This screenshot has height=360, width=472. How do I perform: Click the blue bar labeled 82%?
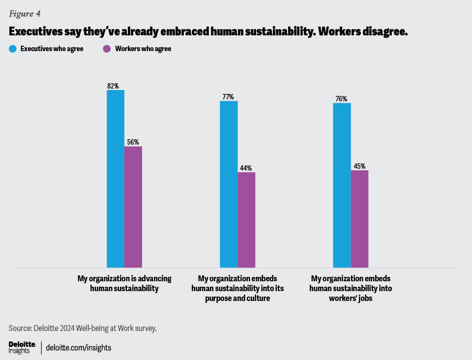pyautogui.click(x=116, y=179)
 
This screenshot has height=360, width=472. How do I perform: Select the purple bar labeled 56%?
pyautogui.click(x=133, y=207)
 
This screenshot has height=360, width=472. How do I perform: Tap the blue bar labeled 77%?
pyautogui.click(x=229, y=184)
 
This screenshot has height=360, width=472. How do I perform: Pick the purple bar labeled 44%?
pyautogui.click(x=246, y=220)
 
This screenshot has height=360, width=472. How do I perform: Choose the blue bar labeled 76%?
pyautogui.click(x=342, y=185)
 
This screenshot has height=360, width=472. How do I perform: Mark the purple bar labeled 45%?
pyautogui.click(x=359, y=219)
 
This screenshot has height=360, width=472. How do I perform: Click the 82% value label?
pyautogui.click(x=113, y=86)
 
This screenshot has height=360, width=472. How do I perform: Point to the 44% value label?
pyautogui.click(x=246, y=168)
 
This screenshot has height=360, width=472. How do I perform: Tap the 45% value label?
pyautogui.click(x=359, y=166)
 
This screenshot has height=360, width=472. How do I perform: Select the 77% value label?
pyautogui.click(x=228, y=97)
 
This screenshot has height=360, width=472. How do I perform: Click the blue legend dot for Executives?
pyautogui.click(x=13, y=49)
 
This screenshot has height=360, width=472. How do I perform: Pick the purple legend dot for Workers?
pyautogui.click(x=107, y=49)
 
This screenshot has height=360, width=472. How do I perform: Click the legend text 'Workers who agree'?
pyautogui.click(x=143, y=49)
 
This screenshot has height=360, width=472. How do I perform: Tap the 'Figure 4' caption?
pyautogui.click(x=25, y=14)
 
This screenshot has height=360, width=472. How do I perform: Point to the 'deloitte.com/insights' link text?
pyautogui.click(x=79, y=348)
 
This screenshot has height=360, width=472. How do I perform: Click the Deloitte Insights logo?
pyautogui.click(x=22, y=347)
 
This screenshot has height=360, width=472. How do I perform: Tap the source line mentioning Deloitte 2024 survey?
pyautogui.click(x=83, y=328)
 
